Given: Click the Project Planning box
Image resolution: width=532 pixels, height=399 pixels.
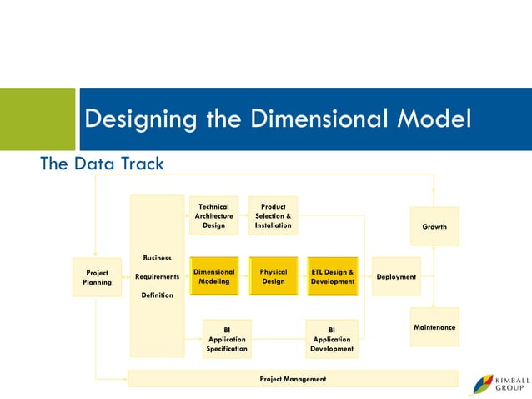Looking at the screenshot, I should point(97,277).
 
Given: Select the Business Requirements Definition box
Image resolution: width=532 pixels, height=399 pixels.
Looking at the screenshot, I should point(157,276).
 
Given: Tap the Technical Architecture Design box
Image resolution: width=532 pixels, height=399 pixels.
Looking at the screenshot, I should point(213,215).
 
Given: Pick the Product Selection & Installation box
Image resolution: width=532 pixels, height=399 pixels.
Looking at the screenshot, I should point(273,215).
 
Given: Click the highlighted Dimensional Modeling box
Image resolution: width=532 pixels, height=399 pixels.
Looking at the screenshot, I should point(214,276).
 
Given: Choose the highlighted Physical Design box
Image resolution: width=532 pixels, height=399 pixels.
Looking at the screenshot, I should point(274,276).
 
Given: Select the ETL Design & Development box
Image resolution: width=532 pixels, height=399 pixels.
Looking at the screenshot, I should point(332,276).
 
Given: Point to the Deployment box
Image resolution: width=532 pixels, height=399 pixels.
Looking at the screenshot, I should point(396,276).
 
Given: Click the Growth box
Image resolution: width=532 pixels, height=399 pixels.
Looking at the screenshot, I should point(434,226).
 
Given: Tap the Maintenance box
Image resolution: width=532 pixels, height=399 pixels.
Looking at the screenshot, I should point(434,327).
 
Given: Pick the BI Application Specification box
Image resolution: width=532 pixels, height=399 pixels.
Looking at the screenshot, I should point(227,339).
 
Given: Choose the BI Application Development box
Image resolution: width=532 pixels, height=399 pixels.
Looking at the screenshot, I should point(331,339).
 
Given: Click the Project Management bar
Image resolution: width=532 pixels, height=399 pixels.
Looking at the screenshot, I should point(293,379).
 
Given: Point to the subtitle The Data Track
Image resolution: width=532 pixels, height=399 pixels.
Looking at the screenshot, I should point(103,164).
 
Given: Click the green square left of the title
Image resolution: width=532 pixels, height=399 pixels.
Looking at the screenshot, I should point(37,119).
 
